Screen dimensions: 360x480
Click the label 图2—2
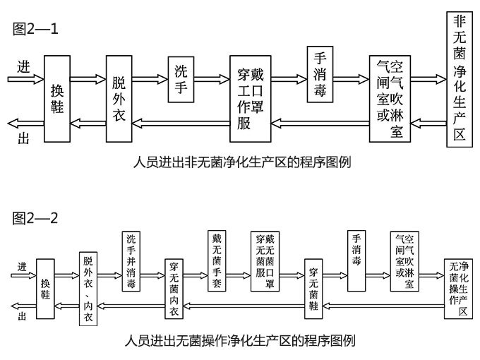(35, 218)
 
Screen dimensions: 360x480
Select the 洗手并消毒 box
(136, 261)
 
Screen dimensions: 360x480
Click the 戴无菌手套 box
(217, 260)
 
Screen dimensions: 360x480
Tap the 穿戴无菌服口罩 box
(264, 260)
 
